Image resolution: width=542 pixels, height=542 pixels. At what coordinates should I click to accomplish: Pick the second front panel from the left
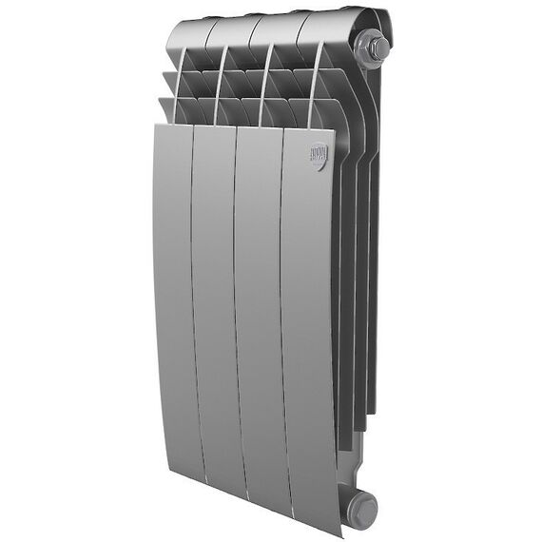215,304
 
